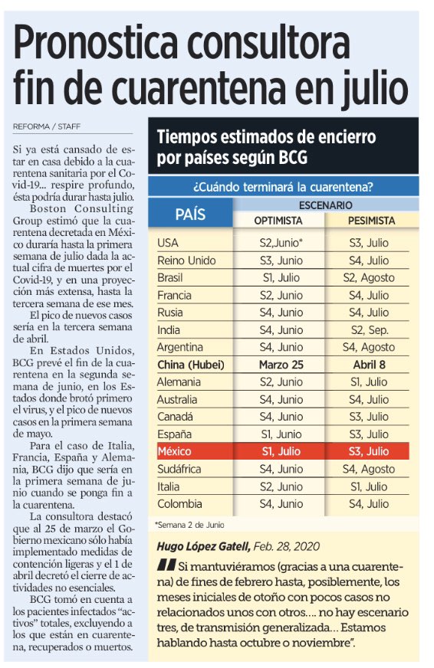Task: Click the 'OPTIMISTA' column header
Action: (278, 221)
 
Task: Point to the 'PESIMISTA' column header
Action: (370, 221)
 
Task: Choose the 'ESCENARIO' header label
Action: (326, 205)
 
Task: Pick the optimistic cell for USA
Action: (278, 243)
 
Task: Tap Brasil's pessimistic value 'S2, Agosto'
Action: (369, 277)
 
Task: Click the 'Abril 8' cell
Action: (369, 365)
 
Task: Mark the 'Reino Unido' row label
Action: (188, 260)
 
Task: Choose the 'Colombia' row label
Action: (180, 503)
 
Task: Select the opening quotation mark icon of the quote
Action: (166, 567)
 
